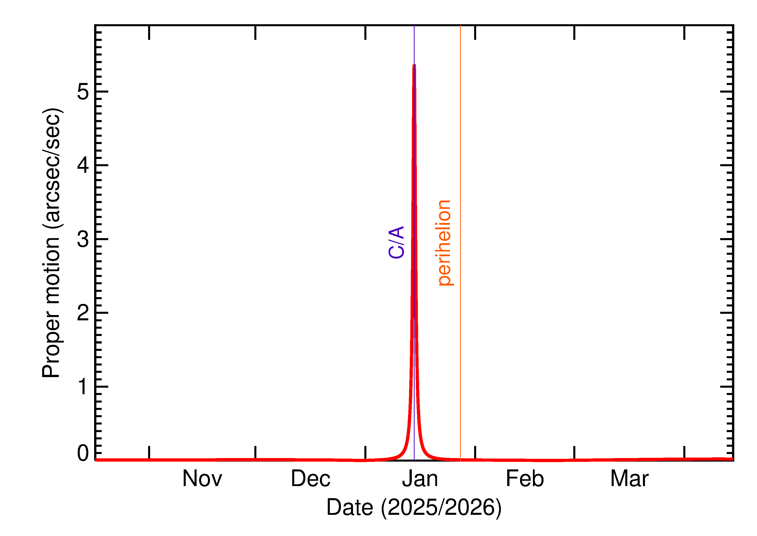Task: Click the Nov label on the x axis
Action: click(x=202, y=479)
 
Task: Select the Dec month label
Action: click(x=310, y=479)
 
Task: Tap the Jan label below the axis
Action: click(x=420, y=479)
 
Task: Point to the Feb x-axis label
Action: click(x=525, y=479)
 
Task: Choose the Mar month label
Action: click(x=629, y=479)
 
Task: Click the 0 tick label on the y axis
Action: click(x=83, y=453)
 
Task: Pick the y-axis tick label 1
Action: click(x=83, y=386)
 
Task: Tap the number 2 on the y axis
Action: click(x=83, y=313)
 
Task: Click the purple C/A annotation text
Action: click(x=396, y=242)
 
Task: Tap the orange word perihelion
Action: click(x=444, y=243)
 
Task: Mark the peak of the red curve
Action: click(x=414, y=65)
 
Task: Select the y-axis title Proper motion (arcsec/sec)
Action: click(x=51, y=243)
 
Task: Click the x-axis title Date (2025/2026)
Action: click(x=414, y=507)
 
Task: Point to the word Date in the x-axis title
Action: click(x=350, y=507)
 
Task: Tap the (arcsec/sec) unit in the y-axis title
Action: click(x=51, y=168)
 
